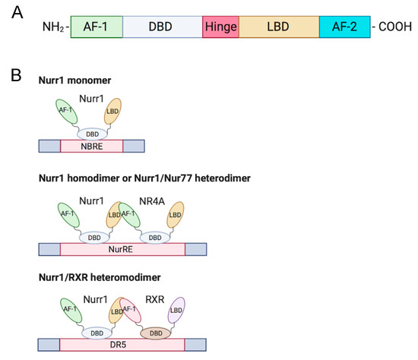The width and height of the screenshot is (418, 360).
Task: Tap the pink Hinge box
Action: coord(220,27)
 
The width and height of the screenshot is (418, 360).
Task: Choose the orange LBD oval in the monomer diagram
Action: coord(112,110)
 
